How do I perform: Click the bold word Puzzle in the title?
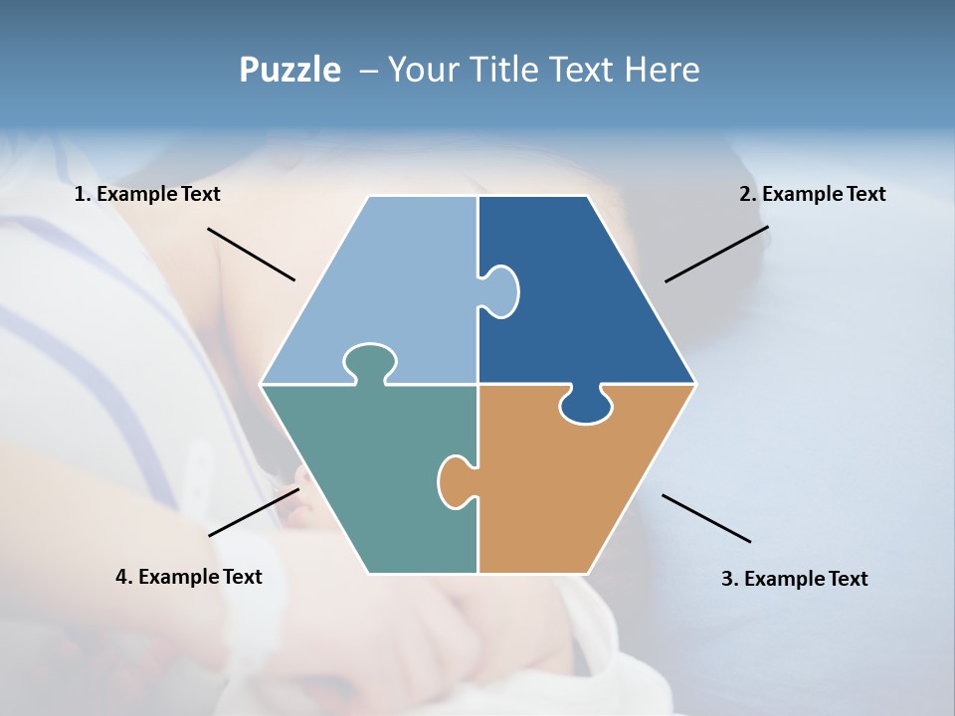(289, 71)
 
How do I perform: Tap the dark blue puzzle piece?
(587, 298)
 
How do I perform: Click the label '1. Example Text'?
(147, 194)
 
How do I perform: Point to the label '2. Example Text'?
(812, 194)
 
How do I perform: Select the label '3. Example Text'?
(794, 579)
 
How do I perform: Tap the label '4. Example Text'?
(189, 577)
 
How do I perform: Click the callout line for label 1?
(251, 255)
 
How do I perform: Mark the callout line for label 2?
(716, 254)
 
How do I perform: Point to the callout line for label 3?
(706, 518)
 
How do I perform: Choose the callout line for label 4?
(254, 512)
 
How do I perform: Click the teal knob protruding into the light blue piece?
(370, 360)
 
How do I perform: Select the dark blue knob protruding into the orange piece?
(586, 406)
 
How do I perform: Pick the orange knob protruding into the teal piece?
(455, 480)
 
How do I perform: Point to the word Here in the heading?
(663, 71)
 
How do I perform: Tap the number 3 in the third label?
(727, 579)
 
